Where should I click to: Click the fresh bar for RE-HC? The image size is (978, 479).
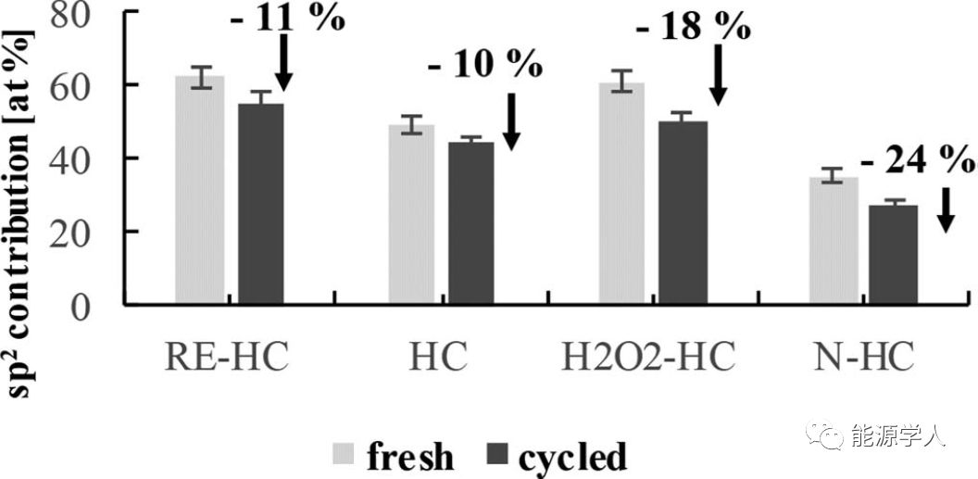200,189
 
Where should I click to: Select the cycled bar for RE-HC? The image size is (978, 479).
261,203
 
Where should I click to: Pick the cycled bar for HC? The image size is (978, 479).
471,222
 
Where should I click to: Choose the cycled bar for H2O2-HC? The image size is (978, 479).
683,212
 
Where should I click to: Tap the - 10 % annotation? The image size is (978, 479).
485,66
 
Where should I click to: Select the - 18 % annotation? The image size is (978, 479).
693,27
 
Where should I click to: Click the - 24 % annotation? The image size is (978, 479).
917,163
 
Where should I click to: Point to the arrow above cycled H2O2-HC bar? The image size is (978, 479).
719,73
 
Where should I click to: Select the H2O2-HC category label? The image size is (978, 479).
650,356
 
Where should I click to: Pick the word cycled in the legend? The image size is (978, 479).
573,457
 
